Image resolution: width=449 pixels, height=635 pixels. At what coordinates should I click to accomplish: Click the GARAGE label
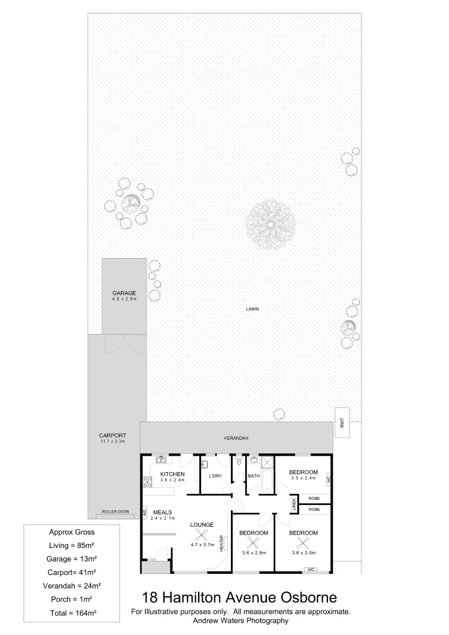[124, 293]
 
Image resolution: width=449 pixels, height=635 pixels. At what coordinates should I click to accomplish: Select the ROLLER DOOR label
[115, 512]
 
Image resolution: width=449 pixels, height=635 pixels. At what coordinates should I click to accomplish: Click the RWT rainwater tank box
[341, 422]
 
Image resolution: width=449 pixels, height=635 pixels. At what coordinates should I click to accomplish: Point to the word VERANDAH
[236, 439]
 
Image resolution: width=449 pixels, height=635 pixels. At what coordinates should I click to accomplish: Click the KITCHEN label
[173, 474]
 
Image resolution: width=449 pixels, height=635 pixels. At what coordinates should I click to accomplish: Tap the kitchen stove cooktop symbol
[148, 482]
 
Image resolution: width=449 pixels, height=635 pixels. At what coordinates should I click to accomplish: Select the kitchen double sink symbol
[162, 460]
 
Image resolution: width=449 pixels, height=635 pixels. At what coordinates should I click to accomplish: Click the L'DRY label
[215, 476]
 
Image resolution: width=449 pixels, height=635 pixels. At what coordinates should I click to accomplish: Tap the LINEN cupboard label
[294, 504]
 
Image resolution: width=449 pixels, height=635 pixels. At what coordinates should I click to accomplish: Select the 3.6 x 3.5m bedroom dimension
[303, 552]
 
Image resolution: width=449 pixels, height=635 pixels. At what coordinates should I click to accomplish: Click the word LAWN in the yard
[253, 309]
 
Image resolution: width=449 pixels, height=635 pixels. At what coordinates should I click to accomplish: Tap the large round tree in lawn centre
[270, 222]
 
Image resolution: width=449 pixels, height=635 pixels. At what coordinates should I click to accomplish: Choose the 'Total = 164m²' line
[73, 613]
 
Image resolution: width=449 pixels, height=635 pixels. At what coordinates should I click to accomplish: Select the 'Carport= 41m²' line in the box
[73, 571]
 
